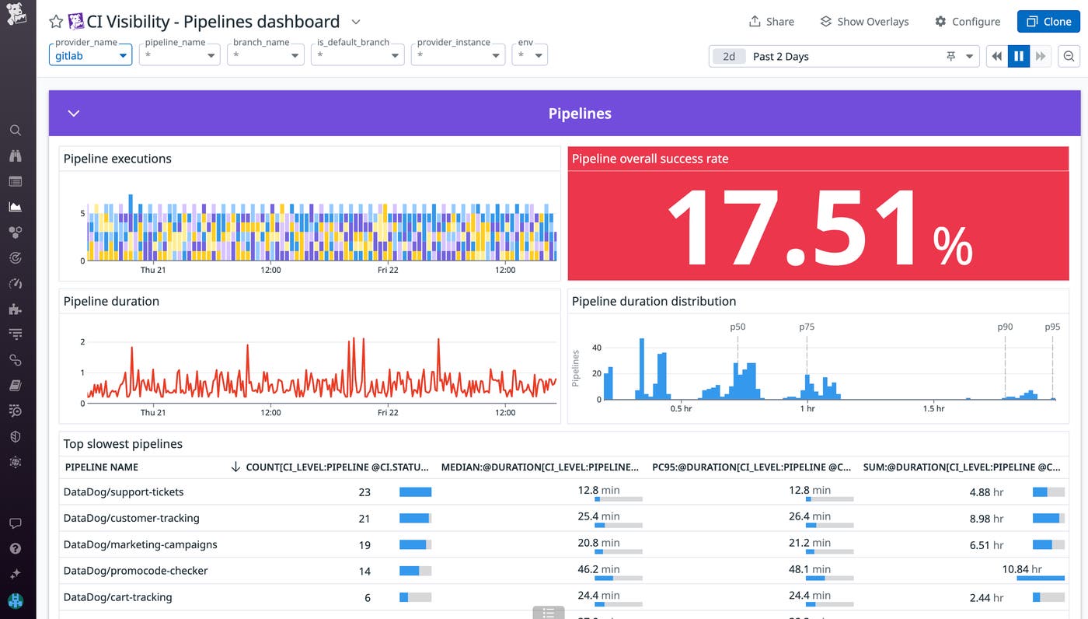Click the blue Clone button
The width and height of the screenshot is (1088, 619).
[x=1048, y=22]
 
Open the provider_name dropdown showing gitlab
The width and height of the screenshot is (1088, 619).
[x=90, y=56]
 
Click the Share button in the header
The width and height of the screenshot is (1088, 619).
[x=771, y=22]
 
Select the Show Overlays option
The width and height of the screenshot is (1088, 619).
[x=864, y=22]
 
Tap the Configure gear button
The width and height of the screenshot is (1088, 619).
[x=967, y=22]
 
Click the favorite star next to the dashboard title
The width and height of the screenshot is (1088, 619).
[x=56, y=22]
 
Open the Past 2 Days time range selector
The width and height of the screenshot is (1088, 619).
[x=843, y=56]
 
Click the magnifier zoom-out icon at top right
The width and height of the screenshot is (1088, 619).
[x=1069, y=56]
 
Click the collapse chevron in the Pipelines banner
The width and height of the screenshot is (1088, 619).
[x=74, y=114]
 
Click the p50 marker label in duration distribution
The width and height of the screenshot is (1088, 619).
[x=738, y=327]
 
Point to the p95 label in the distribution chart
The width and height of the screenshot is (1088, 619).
[x=1052, y=327]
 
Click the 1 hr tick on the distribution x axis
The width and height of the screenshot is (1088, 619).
[x=807, y=409]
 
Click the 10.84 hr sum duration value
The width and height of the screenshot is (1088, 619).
[x=1022, y=569]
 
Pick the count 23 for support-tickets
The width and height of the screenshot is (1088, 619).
[x=364, y=492]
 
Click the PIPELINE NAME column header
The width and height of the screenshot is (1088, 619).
[x=102, y=467]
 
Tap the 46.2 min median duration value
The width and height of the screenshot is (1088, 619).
[x=598, y=569]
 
